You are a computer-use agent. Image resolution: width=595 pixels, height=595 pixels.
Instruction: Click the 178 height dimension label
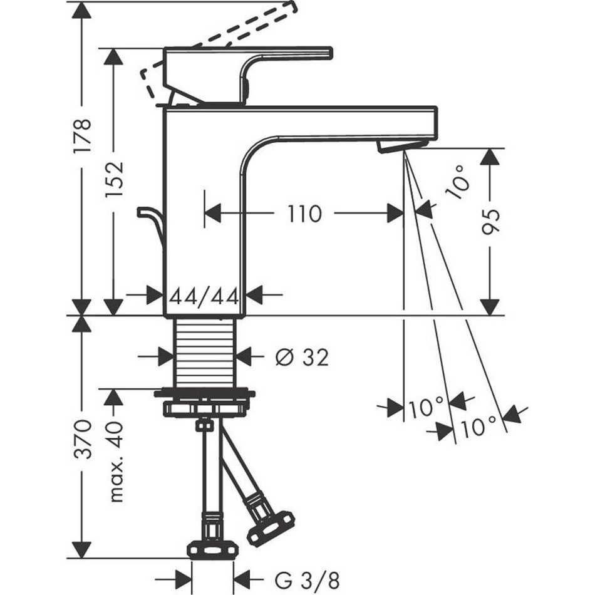pyautogui.click(x=83, y=135)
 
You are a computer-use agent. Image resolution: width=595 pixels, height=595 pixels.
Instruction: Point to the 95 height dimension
pyautogui.click(x=491, y=220)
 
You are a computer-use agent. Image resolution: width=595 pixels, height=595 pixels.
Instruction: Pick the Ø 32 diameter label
pyautogui.click(x=301, y=357)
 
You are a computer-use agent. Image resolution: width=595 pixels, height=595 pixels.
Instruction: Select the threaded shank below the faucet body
pyautogui.click(x=205, y=354)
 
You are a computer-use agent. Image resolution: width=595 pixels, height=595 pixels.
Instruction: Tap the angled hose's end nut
pyautogui.click(x=269, y=525)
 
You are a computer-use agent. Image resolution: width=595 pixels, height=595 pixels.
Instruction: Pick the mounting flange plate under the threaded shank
pyautogui.click(x=205, y=395)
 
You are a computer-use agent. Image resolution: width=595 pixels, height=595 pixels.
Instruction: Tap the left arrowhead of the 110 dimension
pyautogui.click(x=214, y=214)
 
